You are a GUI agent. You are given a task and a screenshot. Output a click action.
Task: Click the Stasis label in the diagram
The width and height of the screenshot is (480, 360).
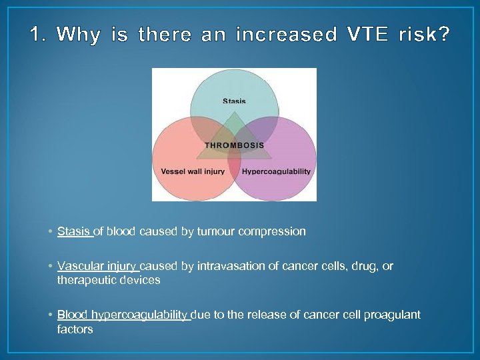tap(234, 101)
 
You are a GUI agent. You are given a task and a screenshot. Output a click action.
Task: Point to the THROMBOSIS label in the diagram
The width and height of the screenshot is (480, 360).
tap(234, 145)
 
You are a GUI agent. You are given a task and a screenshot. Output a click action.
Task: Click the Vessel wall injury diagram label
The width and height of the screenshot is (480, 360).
tap(193, 172)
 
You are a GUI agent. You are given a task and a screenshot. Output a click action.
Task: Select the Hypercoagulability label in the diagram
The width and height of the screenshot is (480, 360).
tap(276, 172)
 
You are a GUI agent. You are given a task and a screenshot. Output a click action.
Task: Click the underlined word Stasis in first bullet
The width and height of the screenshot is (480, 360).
tap(73, 231)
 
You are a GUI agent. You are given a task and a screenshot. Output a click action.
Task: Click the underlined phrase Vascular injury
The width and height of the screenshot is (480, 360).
tap(97, 266)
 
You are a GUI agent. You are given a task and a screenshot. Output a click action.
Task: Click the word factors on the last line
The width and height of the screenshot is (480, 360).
tap(75, 329)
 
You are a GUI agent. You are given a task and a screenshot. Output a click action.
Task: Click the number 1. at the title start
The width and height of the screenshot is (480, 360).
tap(39, 34)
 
